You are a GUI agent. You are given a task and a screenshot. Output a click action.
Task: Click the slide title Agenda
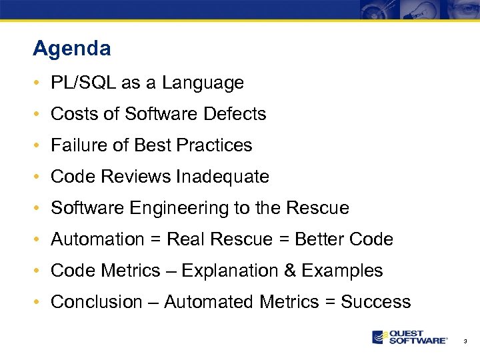71,49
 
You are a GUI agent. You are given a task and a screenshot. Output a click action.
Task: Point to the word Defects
235,114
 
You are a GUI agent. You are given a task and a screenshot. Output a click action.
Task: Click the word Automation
97,239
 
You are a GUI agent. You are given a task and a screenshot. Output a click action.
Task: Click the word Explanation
229,271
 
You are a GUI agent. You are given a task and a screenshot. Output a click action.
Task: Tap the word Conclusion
97,302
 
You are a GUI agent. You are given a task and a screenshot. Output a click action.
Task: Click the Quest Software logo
409,337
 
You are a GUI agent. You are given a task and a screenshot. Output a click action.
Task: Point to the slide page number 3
465,341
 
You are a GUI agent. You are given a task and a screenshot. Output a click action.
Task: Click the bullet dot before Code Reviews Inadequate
39,177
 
